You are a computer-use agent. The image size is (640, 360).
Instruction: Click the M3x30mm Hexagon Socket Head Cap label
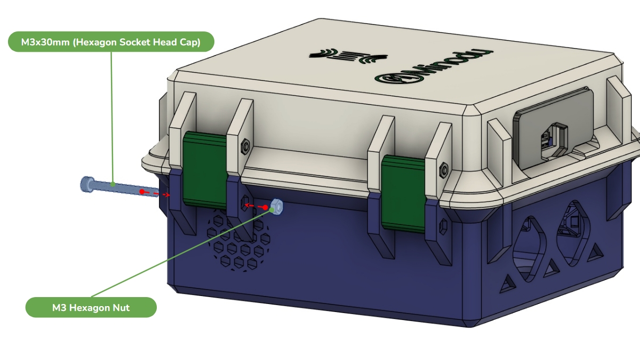click(111, 42)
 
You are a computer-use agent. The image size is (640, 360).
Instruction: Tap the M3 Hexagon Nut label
click(91, 307)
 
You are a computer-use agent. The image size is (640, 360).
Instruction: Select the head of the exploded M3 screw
click(87, 185)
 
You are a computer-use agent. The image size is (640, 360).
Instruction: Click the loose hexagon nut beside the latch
click(276, 206)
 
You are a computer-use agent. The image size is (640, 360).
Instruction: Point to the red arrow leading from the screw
click(155, 194)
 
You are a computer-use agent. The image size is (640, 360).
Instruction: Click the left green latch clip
click(205, 170)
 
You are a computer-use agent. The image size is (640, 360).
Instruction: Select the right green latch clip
click(403, 194)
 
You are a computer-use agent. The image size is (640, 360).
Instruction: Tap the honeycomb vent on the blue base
click(238, 241)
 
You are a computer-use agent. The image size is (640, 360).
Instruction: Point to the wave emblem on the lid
click(348, 56)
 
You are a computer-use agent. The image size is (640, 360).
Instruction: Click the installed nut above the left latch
click(245, 147)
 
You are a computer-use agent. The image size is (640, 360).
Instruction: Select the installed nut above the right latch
click(444, 170)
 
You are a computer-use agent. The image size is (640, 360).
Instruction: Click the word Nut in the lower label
click(122, 308)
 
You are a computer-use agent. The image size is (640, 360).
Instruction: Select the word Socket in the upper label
click(134, 42)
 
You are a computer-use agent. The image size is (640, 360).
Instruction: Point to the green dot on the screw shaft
click(113, 185)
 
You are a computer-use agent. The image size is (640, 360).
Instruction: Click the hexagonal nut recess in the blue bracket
click(245, 203)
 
